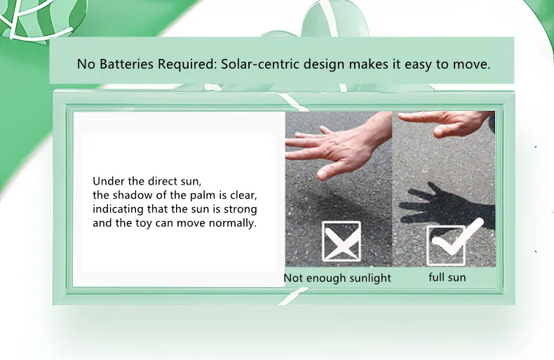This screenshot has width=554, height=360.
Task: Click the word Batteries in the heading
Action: click(x=127, y=65)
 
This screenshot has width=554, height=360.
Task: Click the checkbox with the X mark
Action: click(x=342, y=241)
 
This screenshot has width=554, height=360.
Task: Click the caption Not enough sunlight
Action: click(x=337, y=278)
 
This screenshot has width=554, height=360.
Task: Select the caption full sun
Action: click(x=447, y=277)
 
